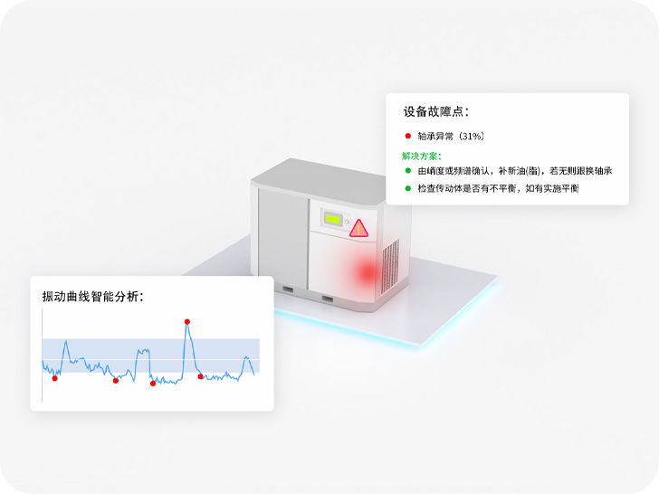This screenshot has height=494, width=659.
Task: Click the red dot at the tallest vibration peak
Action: coord(187,321)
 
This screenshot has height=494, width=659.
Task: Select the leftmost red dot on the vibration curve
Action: coord(55,378)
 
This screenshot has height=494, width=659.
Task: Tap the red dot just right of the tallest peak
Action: coord(201,376)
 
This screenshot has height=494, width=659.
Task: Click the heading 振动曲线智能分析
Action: coord(92,296)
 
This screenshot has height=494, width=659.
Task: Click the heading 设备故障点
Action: coord(436,112)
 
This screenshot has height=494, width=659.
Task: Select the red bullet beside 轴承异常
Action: coord(408,136)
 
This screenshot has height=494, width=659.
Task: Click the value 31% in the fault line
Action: coord(472,136)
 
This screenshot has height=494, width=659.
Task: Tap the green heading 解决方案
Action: coord(422,156)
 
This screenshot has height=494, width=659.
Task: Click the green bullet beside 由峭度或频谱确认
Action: coord(408,171)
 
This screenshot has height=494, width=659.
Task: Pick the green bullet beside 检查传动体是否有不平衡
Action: coord(408,188)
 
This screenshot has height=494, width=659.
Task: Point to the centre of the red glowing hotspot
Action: coord(367,271)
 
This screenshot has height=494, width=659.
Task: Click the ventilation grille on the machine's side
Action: coord(390,267)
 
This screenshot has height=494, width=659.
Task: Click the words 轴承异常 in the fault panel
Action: coord(436,136)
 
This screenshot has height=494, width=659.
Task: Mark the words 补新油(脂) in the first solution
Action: coord(513,171)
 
